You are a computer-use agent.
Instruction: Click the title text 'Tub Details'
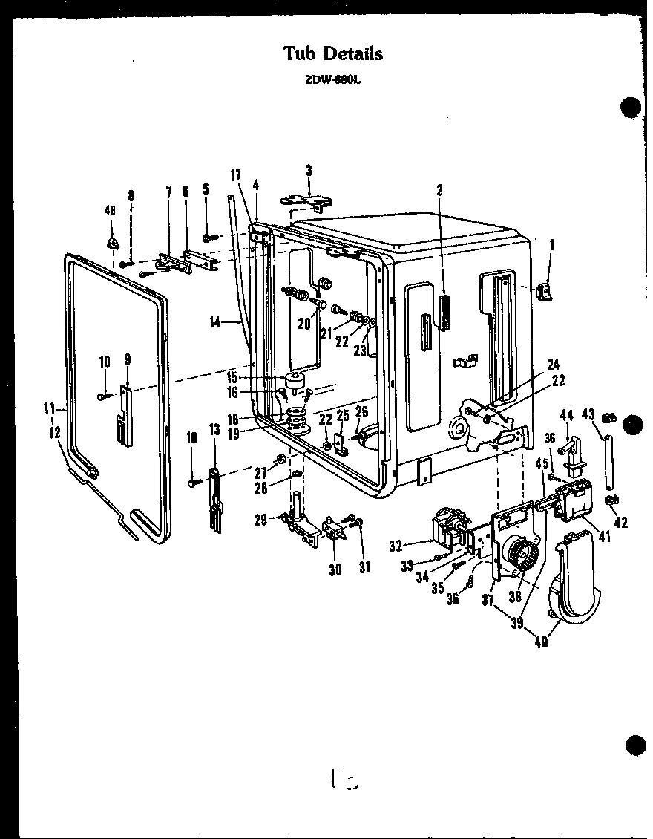tap(333, 53)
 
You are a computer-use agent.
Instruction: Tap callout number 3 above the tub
tap(309, 171)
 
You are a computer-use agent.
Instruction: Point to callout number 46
tap(110, 212)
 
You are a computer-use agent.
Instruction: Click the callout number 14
tap(214, 322)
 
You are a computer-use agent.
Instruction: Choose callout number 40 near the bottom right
tap(541, 642)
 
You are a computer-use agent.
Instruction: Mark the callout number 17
tap(235, 176)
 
